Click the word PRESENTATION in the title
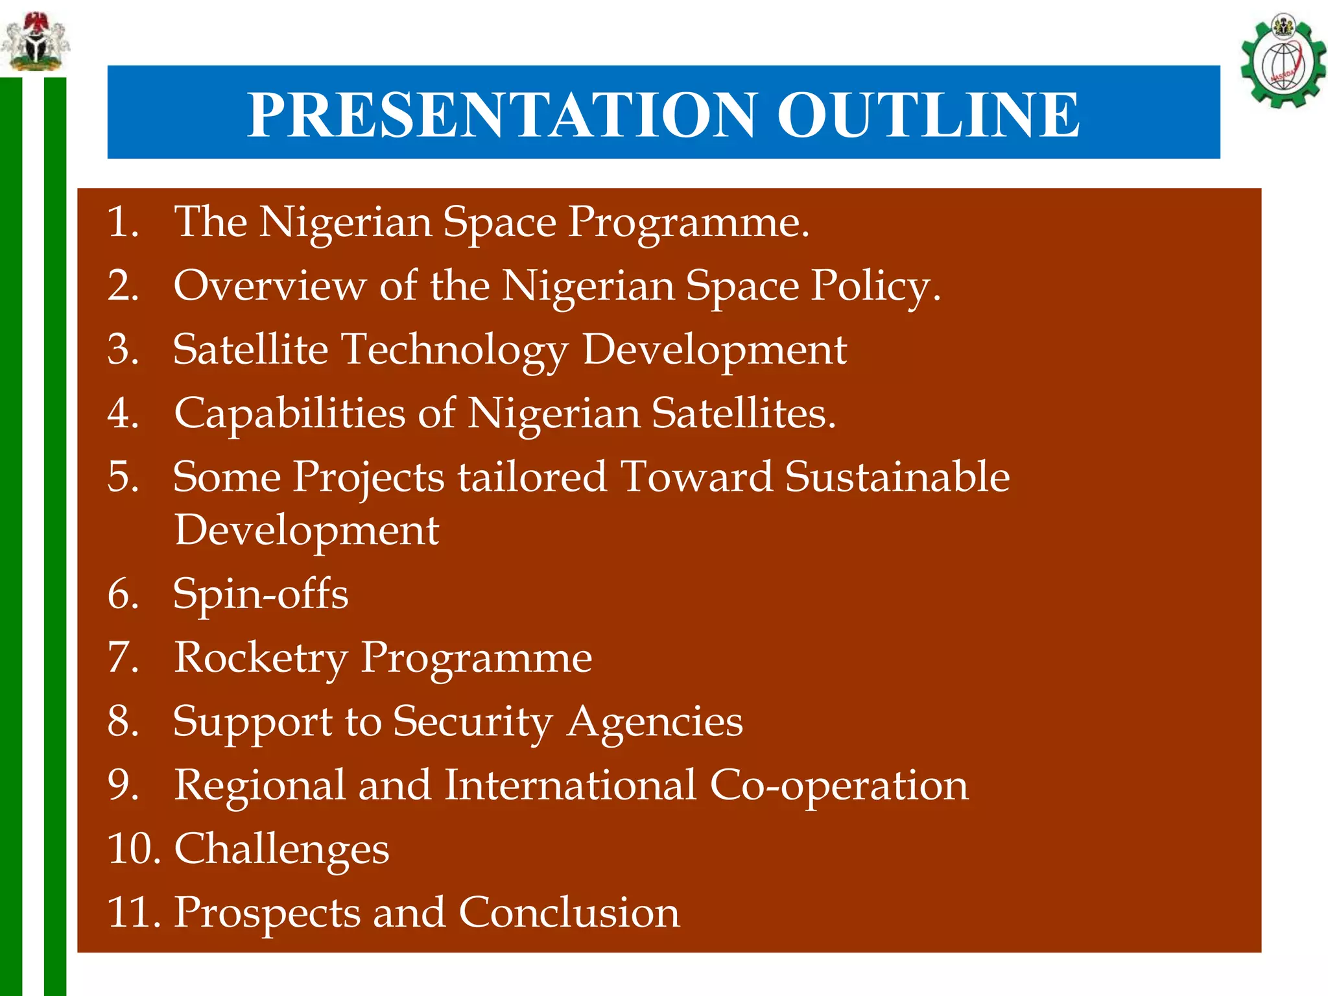501,115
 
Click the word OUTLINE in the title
928,115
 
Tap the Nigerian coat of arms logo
35,41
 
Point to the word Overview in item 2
269,285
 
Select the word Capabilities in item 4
290,414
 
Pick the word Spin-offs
261,594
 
